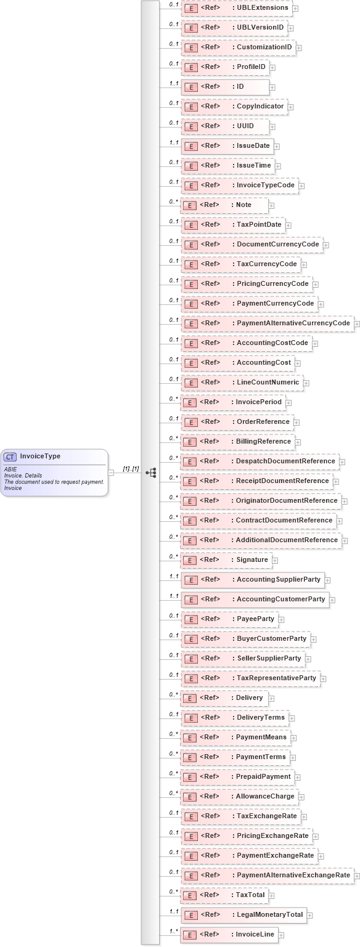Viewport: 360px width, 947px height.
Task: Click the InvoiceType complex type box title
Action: coord(40,457)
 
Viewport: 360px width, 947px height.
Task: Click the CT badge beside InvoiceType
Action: coord(10,457)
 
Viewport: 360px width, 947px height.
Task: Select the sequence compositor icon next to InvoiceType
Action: coord(150,473)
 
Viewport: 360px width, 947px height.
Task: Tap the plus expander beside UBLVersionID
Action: coord(290,28)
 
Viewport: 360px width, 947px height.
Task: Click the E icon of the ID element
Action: coord(191,87)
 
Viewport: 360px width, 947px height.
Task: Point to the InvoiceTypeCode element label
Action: coord(265,185)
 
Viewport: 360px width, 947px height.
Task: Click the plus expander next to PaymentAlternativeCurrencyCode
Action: coord(357,324)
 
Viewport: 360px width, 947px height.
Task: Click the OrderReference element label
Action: coord(263,422)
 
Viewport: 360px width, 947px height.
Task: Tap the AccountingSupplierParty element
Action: coord(253,580)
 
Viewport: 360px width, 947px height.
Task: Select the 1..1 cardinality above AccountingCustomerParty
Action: coord(174,596)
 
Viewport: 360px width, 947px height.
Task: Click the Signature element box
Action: coord(226,560)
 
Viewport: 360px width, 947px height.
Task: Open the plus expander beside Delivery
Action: coord(271,699)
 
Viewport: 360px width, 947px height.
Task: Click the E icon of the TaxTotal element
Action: coord(191,895)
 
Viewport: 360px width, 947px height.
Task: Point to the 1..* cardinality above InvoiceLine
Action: coord(174,931)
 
